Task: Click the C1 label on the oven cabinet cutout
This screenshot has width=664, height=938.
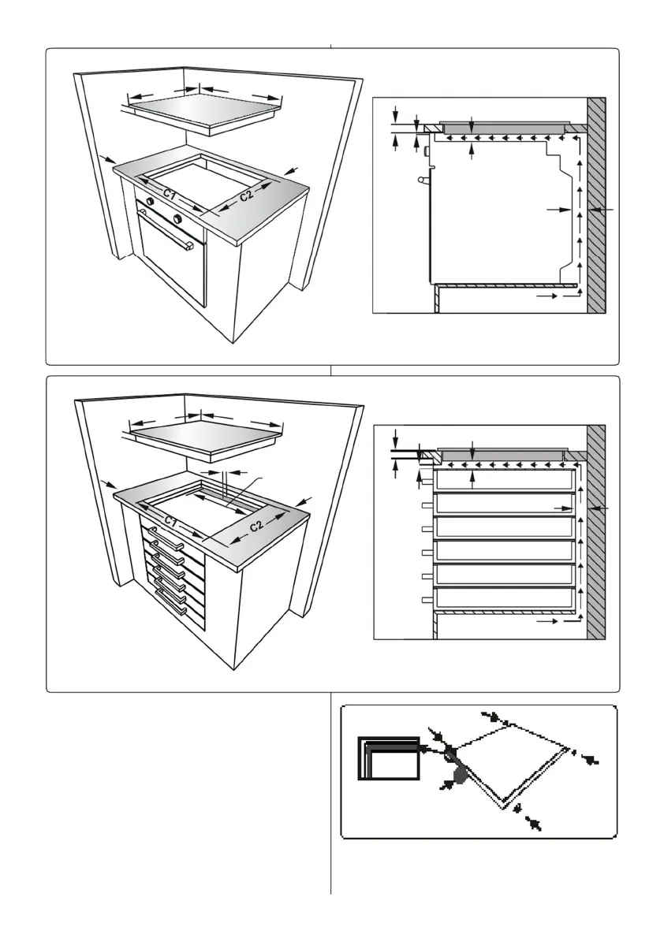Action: point(170,195)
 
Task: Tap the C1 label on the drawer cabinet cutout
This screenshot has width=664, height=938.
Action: point(171,522)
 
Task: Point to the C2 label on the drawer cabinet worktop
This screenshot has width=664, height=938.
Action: point(256,526)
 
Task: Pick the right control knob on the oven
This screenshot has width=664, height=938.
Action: point(177,217)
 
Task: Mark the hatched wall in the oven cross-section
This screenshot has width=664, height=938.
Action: point(596,205)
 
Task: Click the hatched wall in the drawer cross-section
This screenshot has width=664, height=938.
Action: point(596,532)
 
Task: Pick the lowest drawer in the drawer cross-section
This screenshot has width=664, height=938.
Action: point(504,597)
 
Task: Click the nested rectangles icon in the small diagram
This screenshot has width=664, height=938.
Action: point(389,758)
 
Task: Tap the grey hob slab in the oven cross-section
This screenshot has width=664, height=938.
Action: point(503,128)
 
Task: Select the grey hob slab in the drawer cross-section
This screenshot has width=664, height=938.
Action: point(501,455)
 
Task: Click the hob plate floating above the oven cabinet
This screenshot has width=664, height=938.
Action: point(203,111)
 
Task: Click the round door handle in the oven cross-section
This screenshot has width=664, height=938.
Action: point(423,178)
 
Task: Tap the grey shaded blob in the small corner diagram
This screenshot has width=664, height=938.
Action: point(459,776)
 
